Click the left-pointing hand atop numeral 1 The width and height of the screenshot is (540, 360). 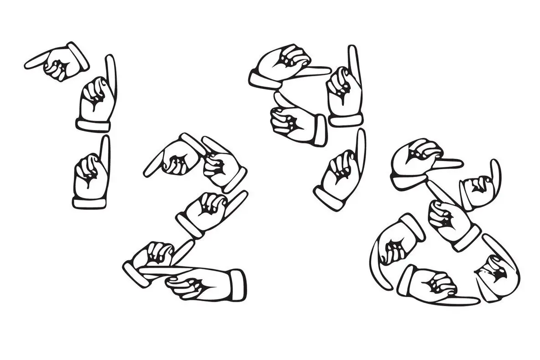tap(59, 63)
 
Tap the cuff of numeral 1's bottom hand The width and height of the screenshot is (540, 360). tap(89, 202)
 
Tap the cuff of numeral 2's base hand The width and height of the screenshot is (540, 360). tap(237, 285)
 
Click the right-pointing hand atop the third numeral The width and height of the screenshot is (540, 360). tap(283, 66)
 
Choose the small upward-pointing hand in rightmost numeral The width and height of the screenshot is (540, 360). tap(479, 187)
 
